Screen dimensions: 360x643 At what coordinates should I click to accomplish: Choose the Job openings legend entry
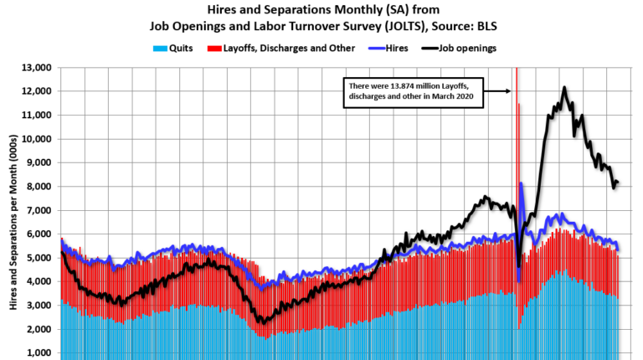(465, 48)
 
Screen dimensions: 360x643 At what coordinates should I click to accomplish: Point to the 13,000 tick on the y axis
(36, 67)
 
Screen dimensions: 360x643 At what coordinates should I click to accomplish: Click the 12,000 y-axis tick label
(36, 91)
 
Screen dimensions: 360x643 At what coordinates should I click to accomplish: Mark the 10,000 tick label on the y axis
(36, 139)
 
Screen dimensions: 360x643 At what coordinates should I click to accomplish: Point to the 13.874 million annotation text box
(413, 92)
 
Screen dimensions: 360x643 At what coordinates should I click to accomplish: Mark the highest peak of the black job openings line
(564, 87)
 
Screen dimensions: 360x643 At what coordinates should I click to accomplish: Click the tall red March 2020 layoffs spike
(516, 126)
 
